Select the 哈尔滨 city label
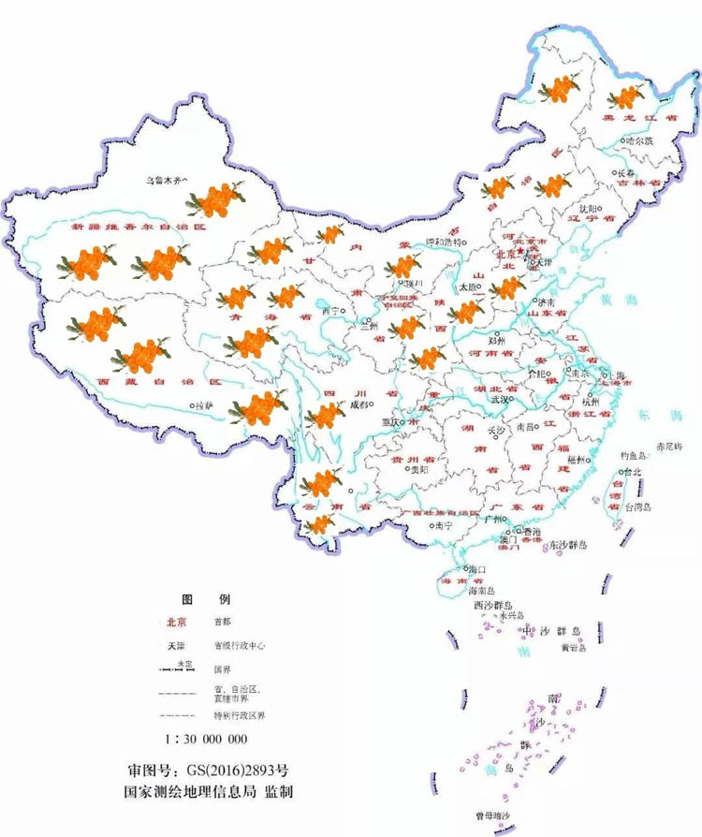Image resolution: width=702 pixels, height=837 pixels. [639, 141]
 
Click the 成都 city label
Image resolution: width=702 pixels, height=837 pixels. [358, 405]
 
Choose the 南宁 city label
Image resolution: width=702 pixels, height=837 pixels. [443, 526]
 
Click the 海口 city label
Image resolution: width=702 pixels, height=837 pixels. [476, 568]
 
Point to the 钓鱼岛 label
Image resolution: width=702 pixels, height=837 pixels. [635, 456]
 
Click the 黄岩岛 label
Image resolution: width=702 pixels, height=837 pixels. [572, 647]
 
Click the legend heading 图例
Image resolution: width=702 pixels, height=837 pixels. [205, 598]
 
